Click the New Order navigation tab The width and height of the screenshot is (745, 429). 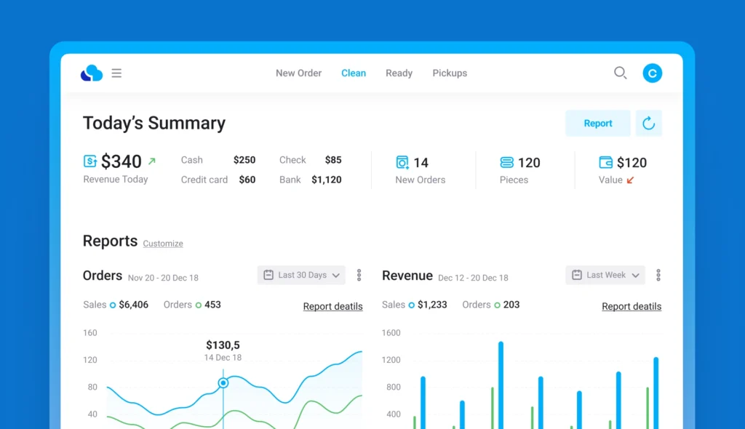point(298,73)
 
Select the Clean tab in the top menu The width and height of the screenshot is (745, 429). point(354,73)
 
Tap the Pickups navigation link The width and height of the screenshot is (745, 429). point(450,73)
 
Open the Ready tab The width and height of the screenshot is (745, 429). point(399,73)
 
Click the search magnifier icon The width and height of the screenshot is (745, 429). point(621,73)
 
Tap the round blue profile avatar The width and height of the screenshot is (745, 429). point(653,73)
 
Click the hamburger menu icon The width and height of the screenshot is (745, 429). point(116,73)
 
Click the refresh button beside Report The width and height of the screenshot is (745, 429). point(648,124)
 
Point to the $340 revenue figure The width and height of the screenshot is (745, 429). point(121,161)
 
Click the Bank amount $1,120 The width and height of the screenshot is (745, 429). point(327,180)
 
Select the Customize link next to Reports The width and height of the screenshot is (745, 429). point(163,244)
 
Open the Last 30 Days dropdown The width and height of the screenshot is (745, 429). point(301,275)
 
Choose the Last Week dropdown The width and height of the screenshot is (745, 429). point(605,275)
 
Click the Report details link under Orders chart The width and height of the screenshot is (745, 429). point(332,306)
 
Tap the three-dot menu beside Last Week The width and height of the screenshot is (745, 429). point(658,275)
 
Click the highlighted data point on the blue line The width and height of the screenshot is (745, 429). point(223,382)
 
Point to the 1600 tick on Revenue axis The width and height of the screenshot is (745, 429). point(391,333)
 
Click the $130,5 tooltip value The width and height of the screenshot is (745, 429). point(223,345)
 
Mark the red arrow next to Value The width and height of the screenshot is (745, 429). point(630,180)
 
